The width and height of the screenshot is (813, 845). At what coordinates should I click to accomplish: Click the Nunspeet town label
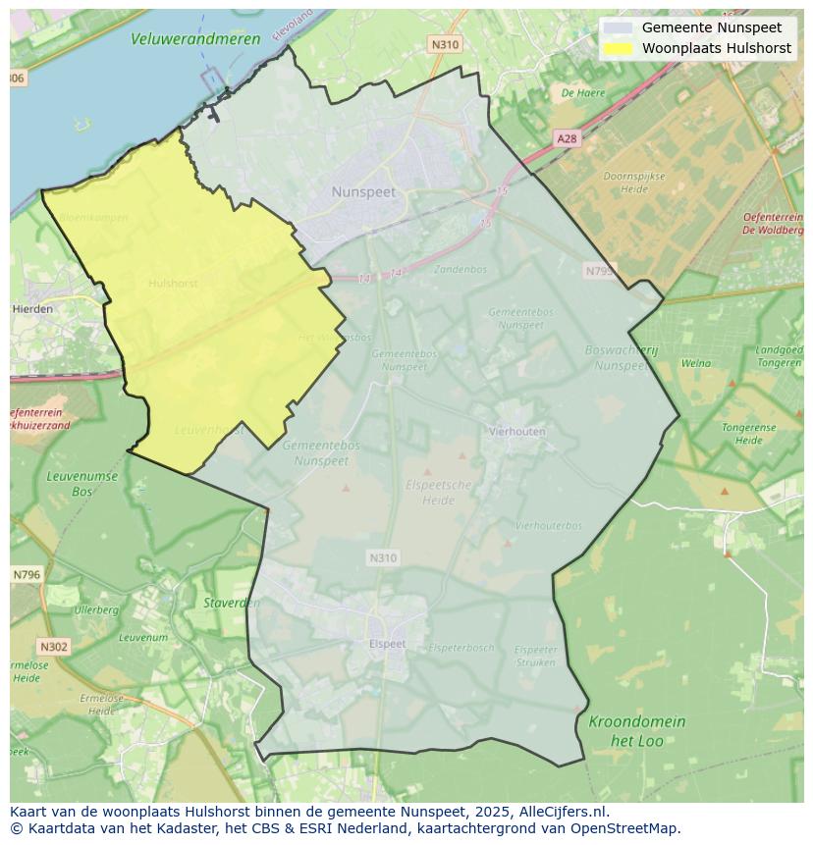363,192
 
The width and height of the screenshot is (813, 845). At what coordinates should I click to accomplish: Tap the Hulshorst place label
173,284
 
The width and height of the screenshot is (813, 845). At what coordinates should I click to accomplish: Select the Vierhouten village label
517,431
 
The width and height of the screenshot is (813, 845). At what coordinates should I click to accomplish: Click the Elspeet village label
387,644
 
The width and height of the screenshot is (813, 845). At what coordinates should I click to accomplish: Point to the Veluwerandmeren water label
196,39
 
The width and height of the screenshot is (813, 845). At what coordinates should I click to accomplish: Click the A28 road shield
567,139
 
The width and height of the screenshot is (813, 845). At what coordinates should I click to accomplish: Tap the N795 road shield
598,271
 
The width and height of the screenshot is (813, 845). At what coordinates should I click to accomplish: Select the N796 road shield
27,575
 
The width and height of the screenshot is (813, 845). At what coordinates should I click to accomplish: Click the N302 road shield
53,647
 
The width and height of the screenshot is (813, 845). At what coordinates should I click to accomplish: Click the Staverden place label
232,604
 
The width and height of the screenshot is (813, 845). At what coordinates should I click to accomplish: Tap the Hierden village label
32,309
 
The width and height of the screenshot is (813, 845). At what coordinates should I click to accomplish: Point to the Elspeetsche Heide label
439,493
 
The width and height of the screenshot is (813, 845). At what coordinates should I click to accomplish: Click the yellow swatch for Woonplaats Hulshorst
618,48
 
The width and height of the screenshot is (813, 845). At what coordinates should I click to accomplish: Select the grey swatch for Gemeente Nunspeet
618,28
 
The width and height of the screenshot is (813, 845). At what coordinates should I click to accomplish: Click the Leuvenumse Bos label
81,484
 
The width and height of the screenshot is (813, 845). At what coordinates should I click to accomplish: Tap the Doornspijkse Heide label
633,183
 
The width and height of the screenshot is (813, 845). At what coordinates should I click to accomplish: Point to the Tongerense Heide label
748,434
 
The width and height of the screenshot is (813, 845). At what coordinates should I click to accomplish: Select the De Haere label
583,93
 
